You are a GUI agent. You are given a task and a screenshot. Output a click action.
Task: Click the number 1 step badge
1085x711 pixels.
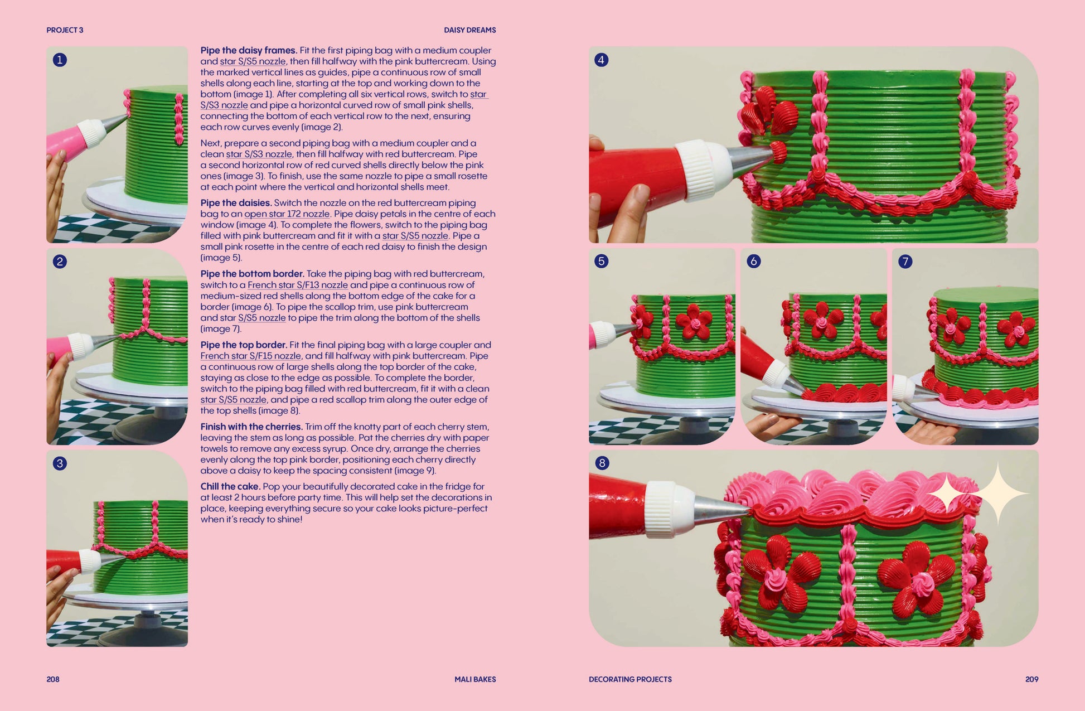[x=60, y=60]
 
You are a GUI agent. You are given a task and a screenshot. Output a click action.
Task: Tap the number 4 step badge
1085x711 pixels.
[x=601, y=60]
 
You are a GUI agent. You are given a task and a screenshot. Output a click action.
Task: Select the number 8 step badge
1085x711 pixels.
[x=602, y=463]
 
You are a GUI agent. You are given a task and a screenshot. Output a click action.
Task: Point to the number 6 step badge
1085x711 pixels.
[x=753, y=261]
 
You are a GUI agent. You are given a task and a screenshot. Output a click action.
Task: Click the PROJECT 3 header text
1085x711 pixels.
[x=65, y=30]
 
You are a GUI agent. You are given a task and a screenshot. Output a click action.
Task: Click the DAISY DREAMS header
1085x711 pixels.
[x=469, y=30]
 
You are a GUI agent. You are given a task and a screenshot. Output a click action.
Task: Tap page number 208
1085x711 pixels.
[x=53, y=679]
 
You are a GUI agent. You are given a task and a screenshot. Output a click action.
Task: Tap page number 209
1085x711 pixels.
[x=1031, y=679]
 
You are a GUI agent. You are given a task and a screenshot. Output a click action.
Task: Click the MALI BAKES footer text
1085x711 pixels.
[x=475, y=679]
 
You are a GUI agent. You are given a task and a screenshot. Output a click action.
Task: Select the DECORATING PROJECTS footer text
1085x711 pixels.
[x=630, y=679]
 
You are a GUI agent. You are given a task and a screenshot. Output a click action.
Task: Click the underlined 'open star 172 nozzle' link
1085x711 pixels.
[x=287, y=214]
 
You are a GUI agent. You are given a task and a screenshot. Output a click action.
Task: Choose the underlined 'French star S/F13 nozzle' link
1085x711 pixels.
[x=298, y=285]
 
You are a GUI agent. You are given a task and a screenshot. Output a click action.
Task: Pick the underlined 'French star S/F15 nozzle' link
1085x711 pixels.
[x=251, y=356]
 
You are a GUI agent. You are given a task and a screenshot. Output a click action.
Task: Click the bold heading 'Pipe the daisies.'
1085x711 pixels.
[x=236, y=203]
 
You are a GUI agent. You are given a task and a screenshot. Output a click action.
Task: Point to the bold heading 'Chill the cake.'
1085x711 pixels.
[x=230, y=486]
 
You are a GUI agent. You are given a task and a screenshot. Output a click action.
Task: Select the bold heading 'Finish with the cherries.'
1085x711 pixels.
[x=251, y=427]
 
